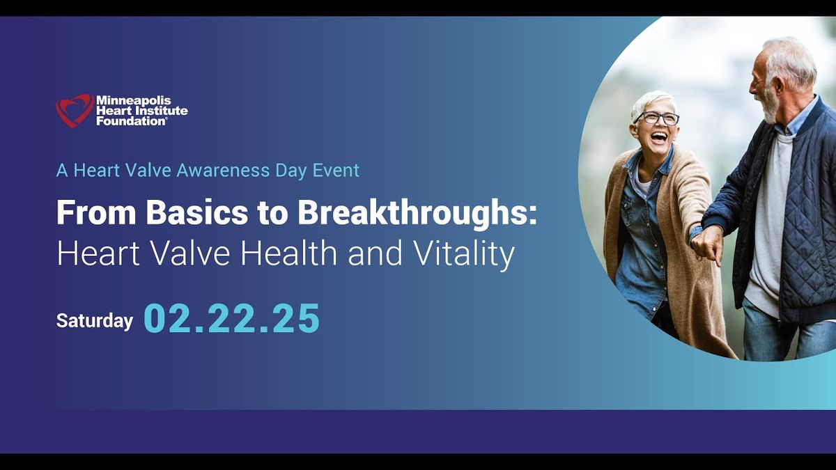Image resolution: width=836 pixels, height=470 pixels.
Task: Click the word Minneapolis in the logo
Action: [134, 100]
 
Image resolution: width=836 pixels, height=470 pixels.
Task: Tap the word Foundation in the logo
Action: [132, 121]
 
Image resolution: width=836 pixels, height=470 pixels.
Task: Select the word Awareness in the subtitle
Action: [223, 170]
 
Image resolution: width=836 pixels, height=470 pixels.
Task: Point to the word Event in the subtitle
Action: [336, 170]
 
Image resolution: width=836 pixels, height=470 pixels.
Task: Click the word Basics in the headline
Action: [196, 212]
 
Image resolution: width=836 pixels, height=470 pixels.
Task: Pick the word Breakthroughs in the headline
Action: [417, 213]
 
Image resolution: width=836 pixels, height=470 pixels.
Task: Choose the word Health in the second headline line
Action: [288, 253]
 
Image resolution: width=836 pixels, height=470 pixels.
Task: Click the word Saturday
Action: [95, 321]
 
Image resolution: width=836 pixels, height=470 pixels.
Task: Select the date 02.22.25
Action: [231, 318]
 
